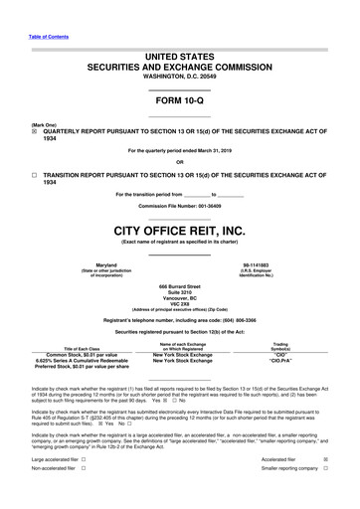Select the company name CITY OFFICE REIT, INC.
click(179, 230)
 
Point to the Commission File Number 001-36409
click(179, 206)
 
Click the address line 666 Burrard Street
click(179, 285)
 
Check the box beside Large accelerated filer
click(83, 460)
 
